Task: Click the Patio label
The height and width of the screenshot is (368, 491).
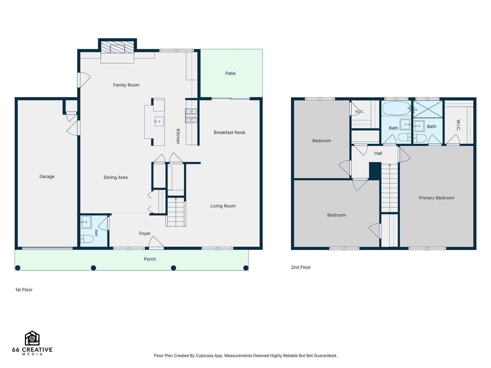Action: click(230, 73)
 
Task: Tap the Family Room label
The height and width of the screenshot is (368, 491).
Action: click(126, 85)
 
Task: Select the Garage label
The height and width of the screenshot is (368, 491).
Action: click(47, 177)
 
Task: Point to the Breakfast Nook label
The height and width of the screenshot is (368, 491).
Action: click(229, 132)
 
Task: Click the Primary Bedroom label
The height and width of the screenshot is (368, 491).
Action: click(436, 198)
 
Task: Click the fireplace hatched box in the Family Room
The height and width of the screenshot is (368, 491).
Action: click(117, 47)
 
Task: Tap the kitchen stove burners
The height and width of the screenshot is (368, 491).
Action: click(191, 116)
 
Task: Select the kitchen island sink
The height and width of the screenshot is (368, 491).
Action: click(159, 121)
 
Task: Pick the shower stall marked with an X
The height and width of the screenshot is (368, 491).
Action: click(427, 109)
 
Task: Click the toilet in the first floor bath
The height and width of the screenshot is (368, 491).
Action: click(87, 239)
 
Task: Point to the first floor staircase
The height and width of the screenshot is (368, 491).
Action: click(176, 212)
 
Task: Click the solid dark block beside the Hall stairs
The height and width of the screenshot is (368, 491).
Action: click(375, 171)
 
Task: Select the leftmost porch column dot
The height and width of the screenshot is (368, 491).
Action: click(18, 268)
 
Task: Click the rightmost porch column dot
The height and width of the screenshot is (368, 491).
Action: click(245, 268)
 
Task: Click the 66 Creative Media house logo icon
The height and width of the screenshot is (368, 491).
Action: click(32, 338)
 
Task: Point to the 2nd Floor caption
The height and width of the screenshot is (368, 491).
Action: click(301, 267)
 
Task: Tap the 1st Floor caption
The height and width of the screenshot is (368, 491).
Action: click(24, 290)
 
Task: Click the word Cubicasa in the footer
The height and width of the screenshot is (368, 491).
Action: click(204, 356)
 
